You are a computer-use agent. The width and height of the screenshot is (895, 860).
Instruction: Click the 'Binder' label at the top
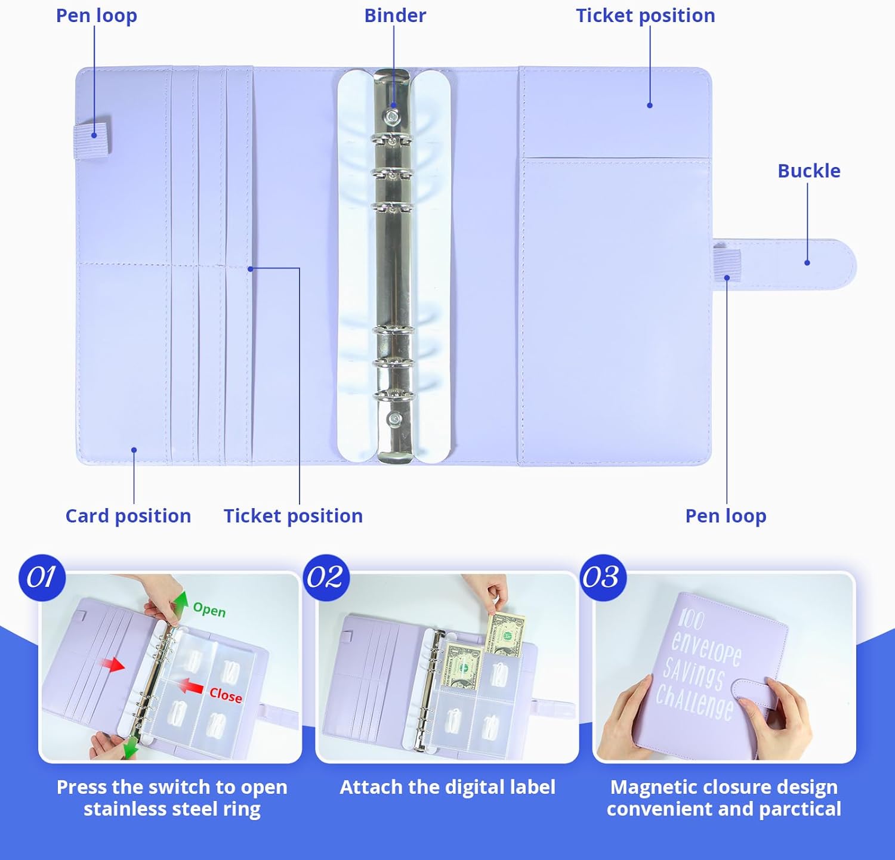click(395, 16)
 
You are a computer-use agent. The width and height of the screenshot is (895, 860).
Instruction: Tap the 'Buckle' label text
click(808, 171)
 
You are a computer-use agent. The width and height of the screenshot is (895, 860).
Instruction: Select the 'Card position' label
click(128, 516)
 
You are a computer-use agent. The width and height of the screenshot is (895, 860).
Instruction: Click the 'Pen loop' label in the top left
click(97, 16)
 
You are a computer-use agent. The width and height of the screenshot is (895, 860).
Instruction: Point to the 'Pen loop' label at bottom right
click(726, 516)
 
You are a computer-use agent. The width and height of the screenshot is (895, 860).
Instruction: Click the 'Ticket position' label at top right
click(646, 16)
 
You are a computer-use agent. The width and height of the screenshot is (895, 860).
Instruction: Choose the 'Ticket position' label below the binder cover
click(293, 516)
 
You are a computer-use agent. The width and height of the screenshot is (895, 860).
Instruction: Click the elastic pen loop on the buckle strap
click(727, 265)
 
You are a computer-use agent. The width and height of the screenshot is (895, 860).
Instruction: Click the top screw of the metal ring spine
click(392, 117)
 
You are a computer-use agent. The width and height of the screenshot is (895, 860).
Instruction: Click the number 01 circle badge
click(42, 577)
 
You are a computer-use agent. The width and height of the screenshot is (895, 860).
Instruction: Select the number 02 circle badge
click(326, 577)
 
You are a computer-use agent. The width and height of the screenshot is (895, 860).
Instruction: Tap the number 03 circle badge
click(603, 577)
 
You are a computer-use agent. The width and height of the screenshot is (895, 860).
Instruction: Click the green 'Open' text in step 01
click(209, 610)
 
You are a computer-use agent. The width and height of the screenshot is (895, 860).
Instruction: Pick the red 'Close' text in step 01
click(226, 695)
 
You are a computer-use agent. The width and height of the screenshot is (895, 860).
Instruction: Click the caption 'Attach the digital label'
click(447, 787)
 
